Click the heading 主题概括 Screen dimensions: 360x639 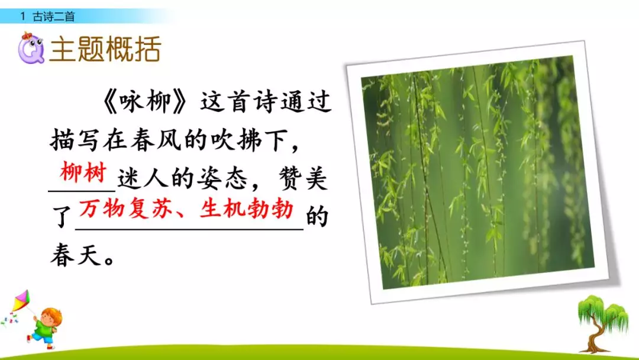click(105, 49)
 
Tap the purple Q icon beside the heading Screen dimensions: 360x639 click(30, 49)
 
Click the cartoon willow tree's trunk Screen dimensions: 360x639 click(593, 336)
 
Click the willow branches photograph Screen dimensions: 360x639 click(476, 172)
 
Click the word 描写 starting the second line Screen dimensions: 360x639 click(73, 143)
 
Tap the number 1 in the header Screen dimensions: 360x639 click(23, 17)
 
